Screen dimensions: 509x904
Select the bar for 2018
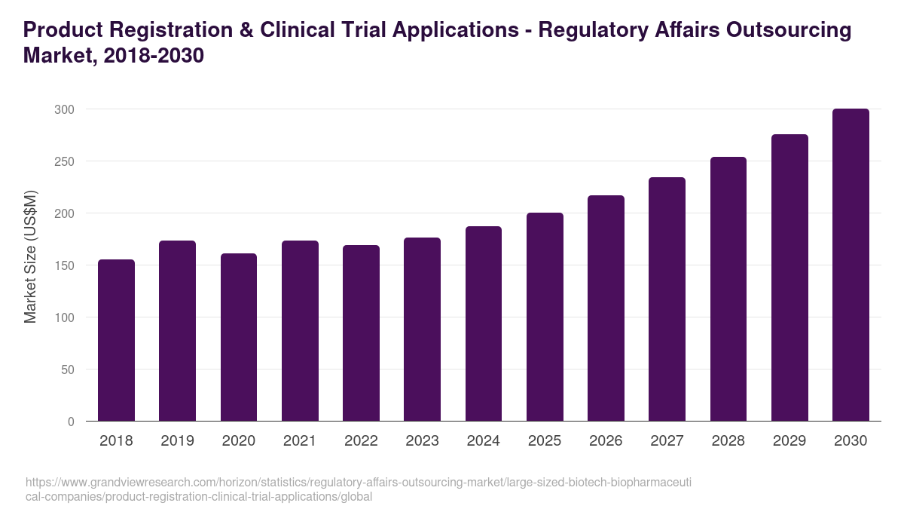click(x=116, y=340)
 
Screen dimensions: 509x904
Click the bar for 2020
click(x=239, y=337)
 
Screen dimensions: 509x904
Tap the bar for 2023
click(x=422, y=330)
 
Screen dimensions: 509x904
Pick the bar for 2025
click(x=545, y=317)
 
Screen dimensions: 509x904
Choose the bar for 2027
click(x=667, y=299)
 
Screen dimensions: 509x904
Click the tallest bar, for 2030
click(x=851, y=265)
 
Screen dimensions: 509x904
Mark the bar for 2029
click(x=789, y=277)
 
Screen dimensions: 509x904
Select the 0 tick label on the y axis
click(x=71, y=422)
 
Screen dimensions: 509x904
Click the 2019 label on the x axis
click(x=177, y=441)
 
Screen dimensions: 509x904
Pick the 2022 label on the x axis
click(x=361, y=441)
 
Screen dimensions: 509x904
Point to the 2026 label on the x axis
click(x=606, y=441)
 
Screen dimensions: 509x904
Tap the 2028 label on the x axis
click(x=728, y=441)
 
